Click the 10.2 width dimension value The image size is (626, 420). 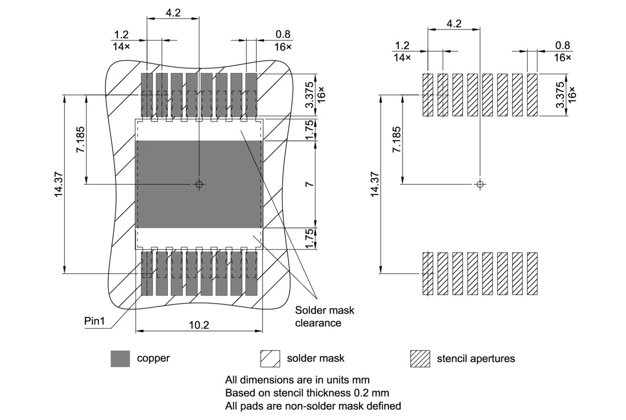pyautogui.click(x=199, y=325)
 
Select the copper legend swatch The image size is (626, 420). pyautogui.click(x=120, y=358)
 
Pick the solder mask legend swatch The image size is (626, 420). pyautogui.click(x=270, y=358)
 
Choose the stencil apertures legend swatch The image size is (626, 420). pyautogui.click(x=420, y=358)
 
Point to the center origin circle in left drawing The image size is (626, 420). pyautogui.click(x=199, y=184)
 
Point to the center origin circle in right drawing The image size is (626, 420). pyautogui.click(x=480, y=184)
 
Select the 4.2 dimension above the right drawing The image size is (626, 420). pyautogui.click(x=454, y=24)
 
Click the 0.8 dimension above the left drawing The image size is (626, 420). pyautogui.click(x=283, y=34)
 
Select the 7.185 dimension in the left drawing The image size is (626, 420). pyautogui.click(x=80, y=140)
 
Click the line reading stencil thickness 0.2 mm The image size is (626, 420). pyautogui.click(x=307, y=393)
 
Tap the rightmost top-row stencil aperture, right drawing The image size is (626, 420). pyautogui.click(x=533, y=95)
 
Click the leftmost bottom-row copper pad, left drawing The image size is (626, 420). pyautogui.click(x=147, y=273)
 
